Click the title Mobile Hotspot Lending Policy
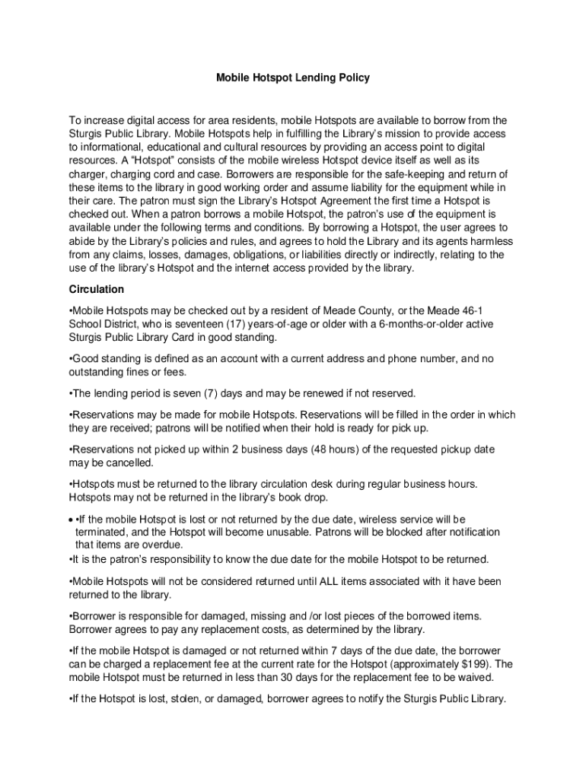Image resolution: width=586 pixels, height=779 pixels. (293, 78)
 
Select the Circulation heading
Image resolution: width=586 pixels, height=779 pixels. (96, 290)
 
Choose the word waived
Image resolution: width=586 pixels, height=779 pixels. (476, 678)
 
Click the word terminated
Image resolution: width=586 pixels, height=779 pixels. (100, 532)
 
